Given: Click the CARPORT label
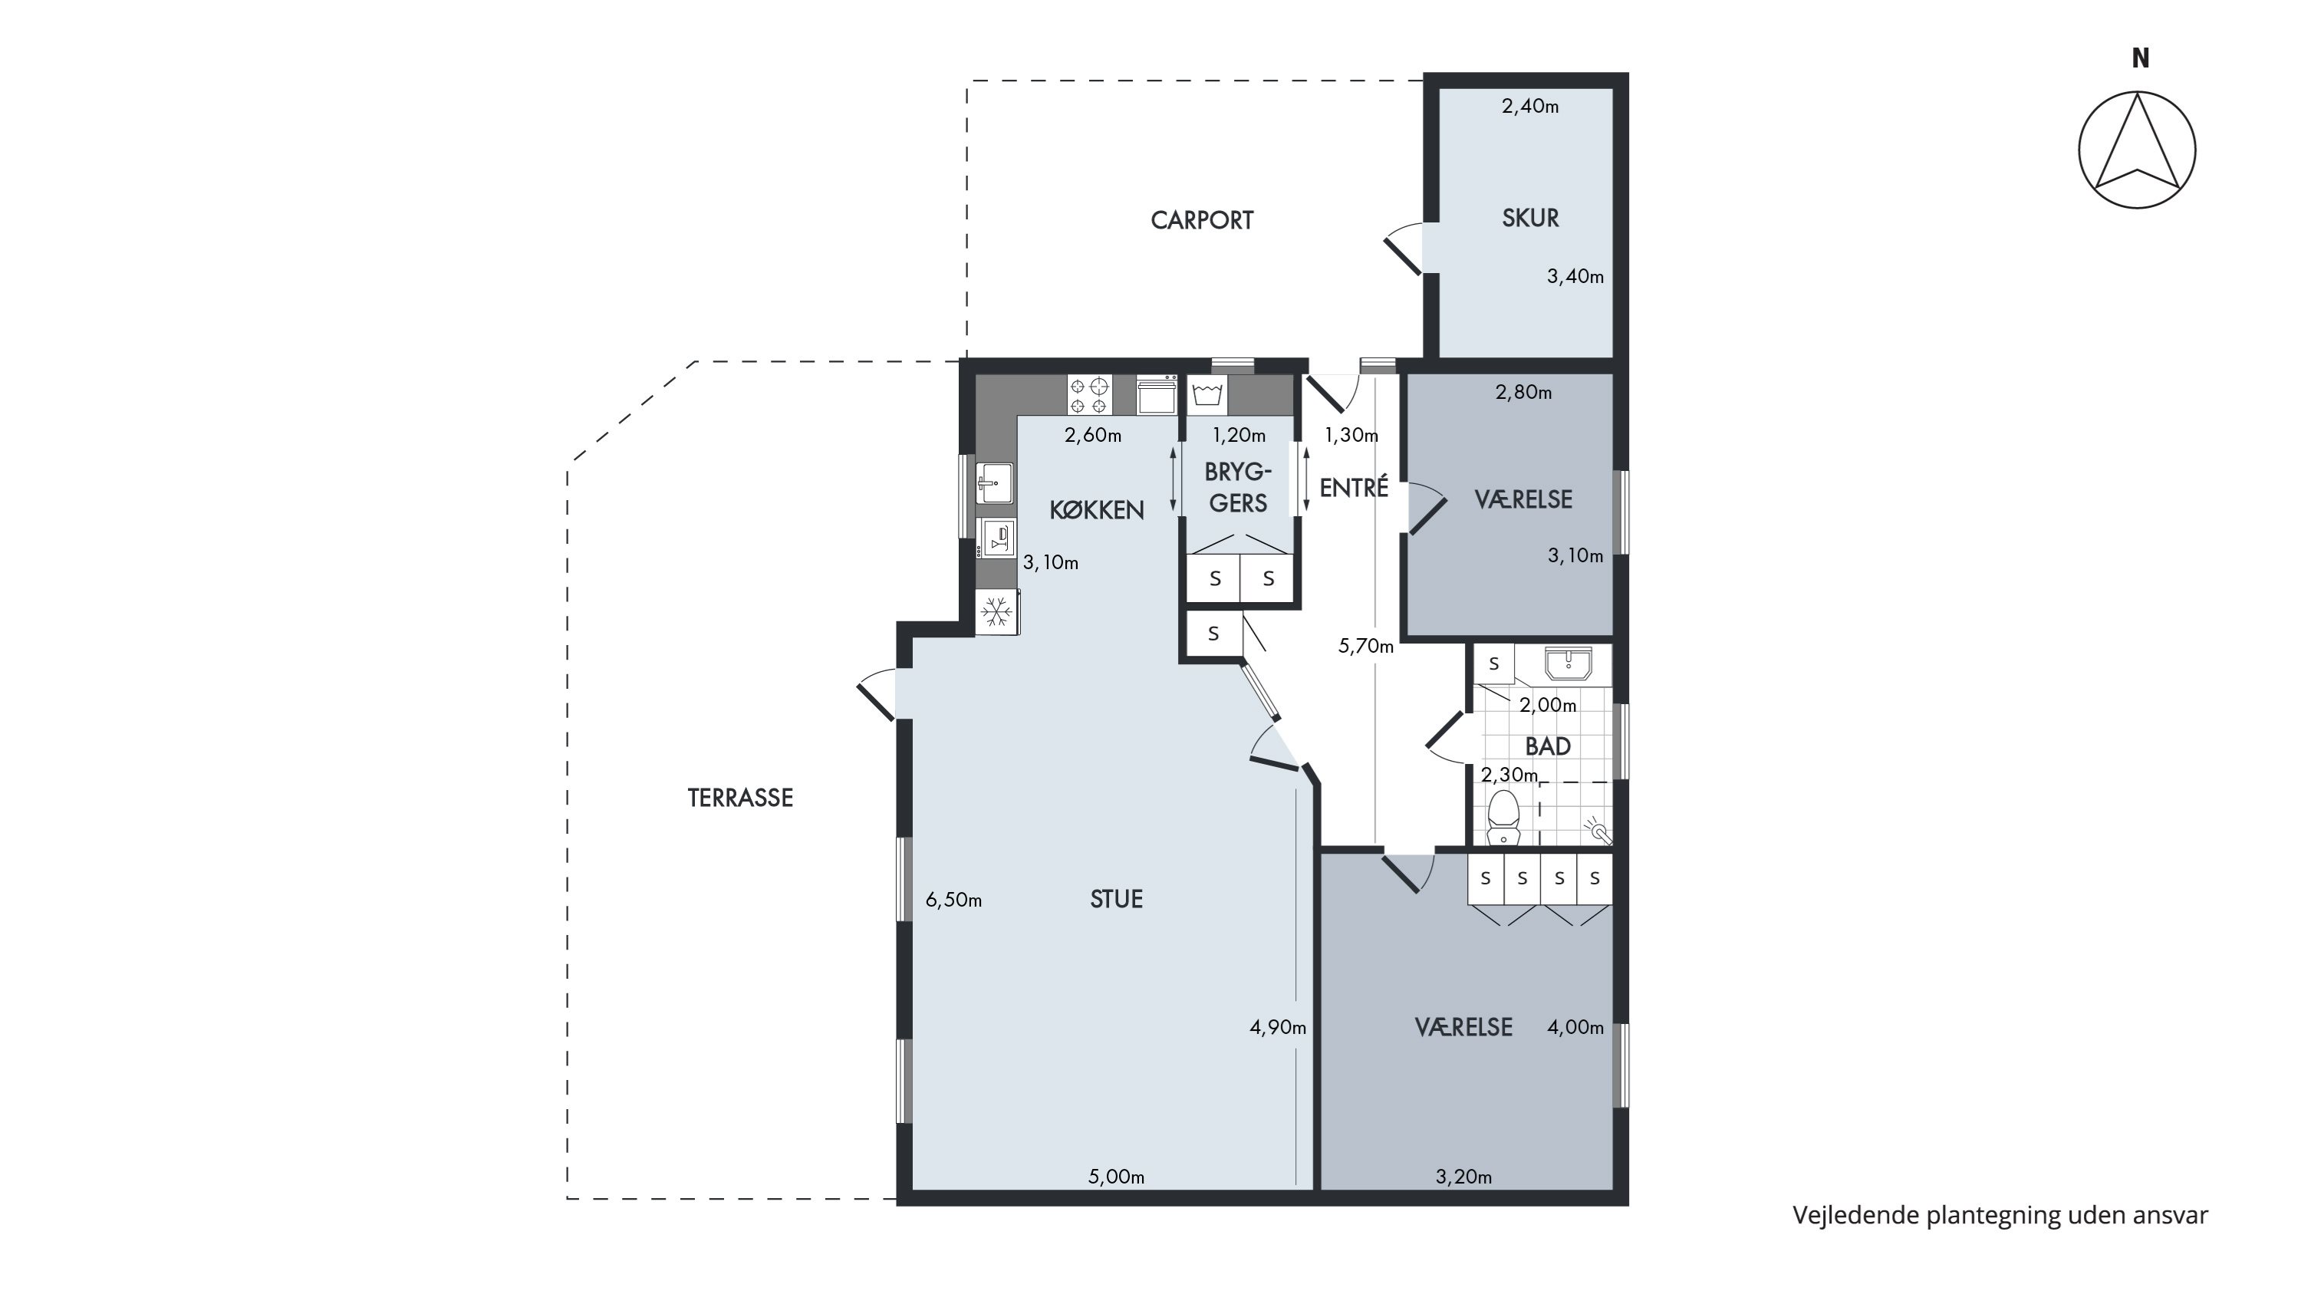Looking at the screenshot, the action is [1201, 221].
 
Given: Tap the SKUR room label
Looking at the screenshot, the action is [1530, 218].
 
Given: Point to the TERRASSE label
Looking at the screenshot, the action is [740, 798].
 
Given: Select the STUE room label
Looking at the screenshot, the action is [1117, 899].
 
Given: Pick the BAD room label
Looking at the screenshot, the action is [1548, 746].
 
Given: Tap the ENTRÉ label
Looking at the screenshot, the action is [1355, 488].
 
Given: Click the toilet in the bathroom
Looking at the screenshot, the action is [1503, 817].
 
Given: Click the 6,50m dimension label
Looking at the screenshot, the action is [954, 901].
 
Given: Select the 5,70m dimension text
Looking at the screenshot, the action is [1366, 647].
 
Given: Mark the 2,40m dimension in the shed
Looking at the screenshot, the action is [1530, 107].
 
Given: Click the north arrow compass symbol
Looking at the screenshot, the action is [2137, 150].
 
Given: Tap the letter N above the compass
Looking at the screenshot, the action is [2140, 58].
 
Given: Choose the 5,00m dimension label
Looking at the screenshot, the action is [1117, 1177].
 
